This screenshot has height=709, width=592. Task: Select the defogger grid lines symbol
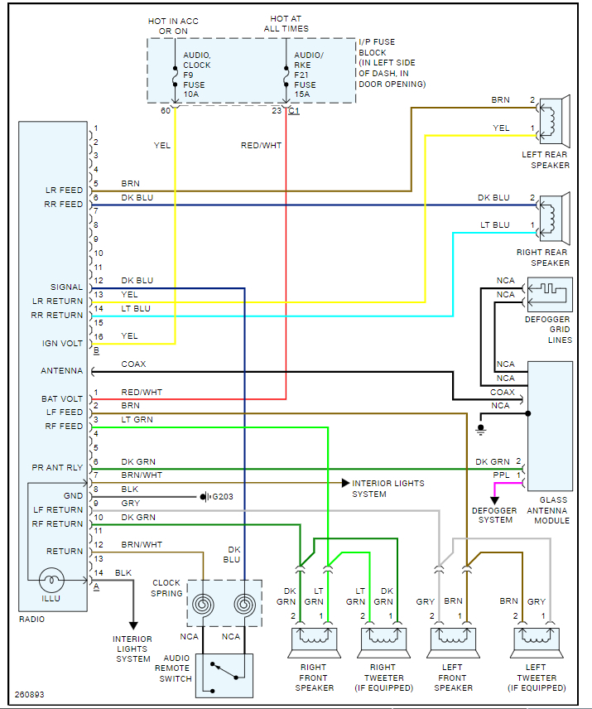pyautogui.click(x=549, y=294)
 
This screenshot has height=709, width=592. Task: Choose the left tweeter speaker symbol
pyautogui.click(x=536, y=639)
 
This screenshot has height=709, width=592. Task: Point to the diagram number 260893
pyautogui.click(x=30, y=694)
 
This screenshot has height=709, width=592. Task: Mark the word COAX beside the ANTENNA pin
pyautogui.click(x=133, y=364)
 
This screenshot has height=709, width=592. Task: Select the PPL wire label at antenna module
pyautogui.click(x=502, y=475)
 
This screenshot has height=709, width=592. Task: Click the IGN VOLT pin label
pyautogui.click(x=63, y=343)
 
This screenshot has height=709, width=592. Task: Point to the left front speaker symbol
pyautogui.click(x=452, y=639)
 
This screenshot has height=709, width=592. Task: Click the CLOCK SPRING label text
pyautogui.click(x=166, y=588)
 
